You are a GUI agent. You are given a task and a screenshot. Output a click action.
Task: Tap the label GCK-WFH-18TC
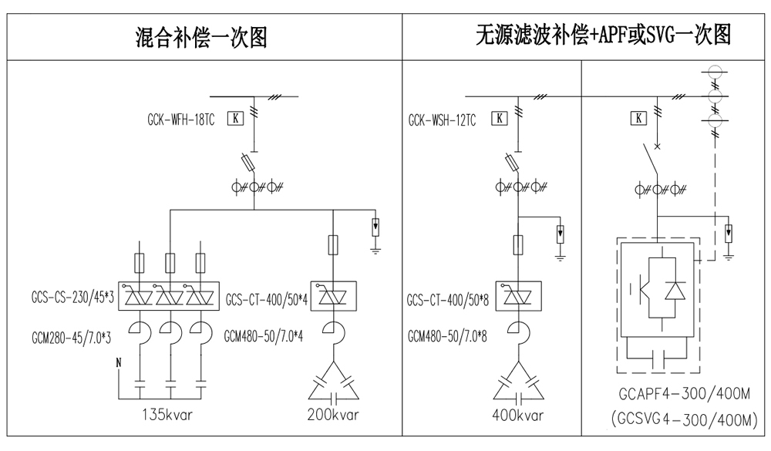(x=182, y=119)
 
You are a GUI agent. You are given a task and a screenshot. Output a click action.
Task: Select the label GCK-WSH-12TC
(x=443, y=119)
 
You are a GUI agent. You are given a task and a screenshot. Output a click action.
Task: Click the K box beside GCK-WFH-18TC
(x=237, y=119)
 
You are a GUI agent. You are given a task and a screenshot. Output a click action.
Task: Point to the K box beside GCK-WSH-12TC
(x=500, y=119)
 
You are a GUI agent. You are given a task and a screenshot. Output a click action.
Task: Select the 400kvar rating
(x=518, y=415)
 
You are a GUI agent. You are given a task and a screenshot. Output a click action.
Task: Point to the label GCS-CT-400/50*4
(x=267, y=299)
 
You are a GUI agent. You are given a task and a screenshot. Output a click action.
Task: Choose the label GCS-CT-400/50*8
(x=449, y=299)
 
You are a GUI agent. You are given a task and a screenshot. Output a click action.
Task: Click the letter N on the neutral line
(x=119, y=362)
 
